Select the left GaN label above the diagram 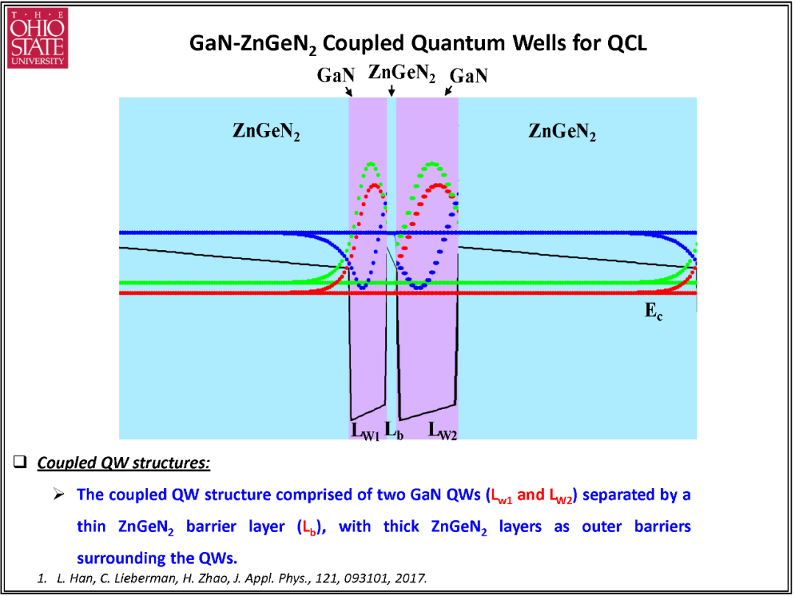coord(335,76)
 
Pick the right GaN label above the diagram coord(469,76)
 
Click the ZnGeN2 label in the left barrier coord(266,132)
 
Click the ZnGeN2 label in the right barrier coord(562,132)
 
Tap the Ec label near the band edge coord(654,311)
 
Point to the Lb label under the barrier coord(394,430)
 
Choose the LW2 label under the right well coord(442,430)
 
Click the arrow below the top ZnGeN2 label coord(392,91)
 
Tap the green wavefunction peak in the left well coord(372,163)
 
